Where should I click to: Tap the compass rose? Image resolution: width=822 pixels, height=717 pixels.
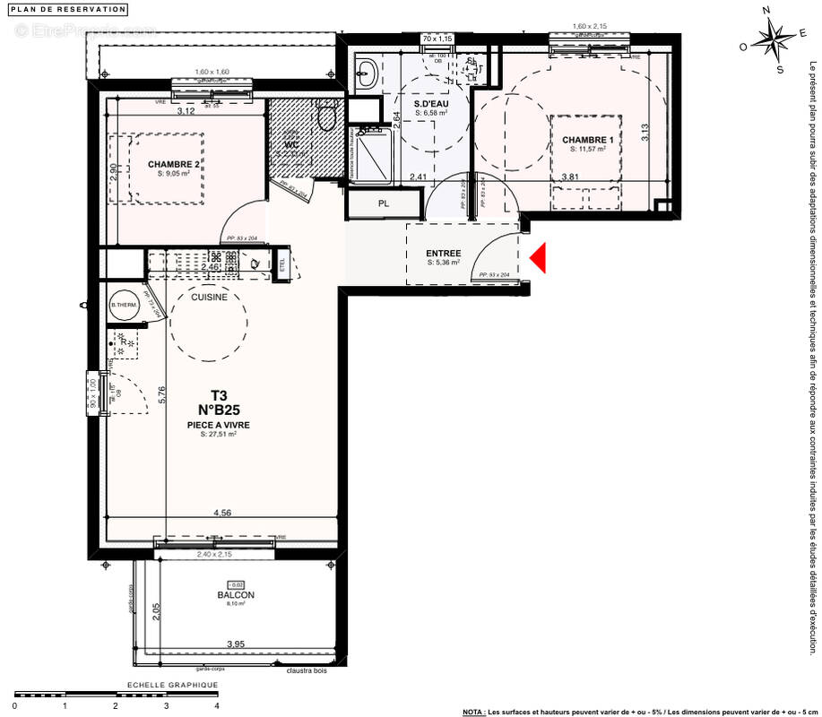coord(773,41)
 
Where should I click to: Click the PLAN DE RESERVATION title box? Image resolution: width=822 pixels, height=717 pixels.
coord(68,10)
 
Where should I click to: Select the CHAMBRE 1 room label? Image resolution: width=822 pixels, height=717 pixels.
coord(588,141)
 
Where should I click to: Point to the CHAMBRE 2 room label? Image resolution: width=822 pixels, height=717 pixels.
coord(173,164)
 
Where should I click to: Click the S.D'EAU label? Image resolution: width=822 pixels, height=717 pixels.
coord(430,104)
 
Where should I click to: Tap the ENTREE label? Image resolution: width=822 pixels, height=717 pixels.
coord(443,254)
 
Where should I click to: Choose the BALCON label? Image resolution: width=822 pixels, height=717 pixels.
coord(236,595)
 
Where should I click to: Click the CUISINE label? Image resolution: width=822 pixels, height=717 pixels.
coord(208,297)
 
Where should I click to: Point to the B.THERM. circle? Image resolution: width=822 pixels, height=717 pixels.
coord(122,307)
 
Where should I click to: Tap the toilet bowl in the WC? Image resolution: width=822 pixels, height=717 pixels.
coord(327,117)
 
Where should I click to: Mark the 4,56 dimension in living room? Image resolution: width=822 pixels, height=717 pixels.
coord(221,514)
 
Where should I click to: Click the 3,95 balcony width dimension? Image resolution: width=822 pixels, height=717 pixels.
coord(236,644)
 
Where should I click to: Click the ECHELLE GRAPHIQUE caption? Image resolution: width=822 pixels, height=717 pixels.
coord(173,685)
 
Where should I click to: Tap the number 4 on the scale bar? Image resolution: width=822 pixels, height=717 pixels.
coord(216,705)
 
